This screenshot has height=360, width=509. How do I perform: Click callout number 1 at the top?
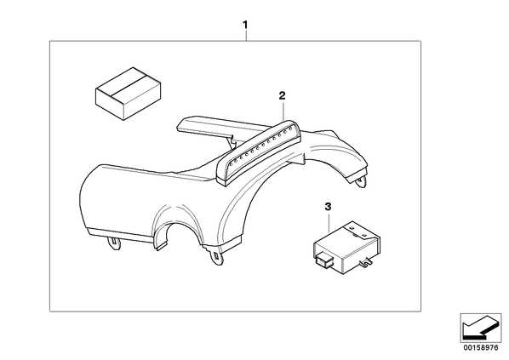tap(245, 25)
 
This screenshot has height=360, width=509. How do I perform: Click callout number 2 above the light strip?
tap(282, 95)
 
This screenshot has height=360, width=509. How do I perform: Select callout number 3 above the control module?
tap(328, 206)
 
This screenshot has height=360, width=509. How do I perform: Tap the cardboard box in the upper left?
tap(129, 94)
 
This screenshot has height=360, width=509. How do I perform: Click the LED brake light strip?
tap(259, 152)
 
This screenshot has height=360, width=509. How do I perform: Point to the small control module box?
tap(346, 245)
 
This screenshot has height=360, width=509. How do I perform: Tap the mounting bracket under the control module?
tap(366, 260)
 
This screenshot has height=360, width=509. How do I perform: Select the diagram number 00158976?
tap(481, 348)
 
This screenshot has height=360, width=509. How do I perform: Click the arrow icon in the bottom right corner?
tap(481, 328)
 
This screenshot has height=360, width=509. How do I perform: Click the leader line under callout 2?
tap(283, 111)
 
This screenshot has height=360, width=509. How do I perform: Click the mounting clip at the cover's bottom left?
tap(113, 243)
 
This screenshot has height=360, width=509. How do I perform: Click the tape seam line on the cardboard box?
tap(129, 85)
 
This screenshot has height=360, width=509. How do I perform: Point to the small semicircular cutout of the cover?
tap(175, 227)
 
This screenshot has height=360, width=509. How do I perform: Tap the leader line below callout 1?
tap(246, 36)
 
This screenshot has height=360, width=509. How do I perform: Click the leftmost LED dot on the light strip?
tap(231, 164)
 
